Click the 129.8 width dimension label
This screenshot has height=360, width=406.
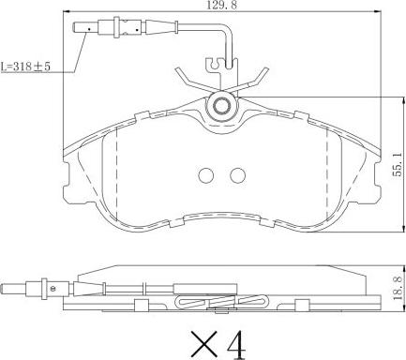click(221, 6)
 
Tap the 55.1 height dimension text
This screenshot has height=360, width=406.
click(398, 170)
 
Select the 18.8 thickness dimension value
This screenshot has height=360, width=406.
click(398, 290)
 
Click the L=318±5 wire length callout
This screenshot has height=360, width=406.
click(25, 67)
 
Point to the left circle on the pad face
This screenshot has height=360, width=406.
click(205, 175)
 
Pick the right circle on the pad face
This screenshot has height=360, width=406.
click(237, 175)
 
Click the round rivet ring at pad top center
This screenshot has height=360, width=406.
click(221, 106)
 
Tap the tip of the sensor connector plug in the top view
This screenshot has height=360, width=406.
click(73, 27)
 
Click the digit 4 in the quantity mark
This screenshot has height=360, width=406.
click(236, 345)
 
